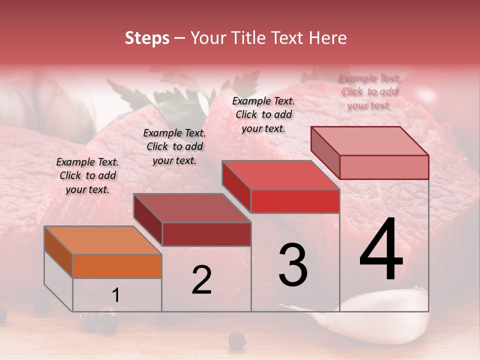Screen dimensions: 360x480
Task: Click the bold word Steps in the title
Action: click(x=147, y=38)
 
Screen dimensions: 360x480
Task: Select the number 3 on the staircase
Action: click(x=292, y=265)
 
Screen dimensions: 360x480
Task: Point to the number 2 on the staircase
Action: click(x=201, y=280)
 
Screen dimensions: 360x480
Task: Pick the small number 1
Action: click(x=115, y=295)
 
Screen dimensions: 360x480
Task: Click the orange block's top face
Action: click(x=102, y=240)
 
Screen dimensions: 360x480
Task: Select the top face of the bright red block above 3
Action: click(x=280, y=175)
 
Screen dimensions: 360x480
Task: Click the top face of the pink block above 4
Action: click(x=369, y=141)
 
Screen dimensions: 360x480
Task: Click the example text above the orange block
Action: click(x=87, y=175)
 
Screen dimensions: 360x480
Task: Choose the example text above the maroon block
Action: click(x=174, y=146)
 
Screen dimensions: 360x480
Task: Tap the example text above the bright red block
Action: click(x=263, y=114)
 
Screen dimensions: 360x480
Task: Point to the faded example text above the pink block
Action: click(x=369, y=91)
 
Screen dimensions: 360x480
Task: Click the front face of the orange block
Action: click(x=117, y=266)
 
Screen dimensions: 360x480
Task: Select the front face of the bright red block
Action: click(x=295, y=201)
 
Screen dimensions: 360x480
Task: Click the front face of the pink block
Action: click(x=384, y=167)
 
